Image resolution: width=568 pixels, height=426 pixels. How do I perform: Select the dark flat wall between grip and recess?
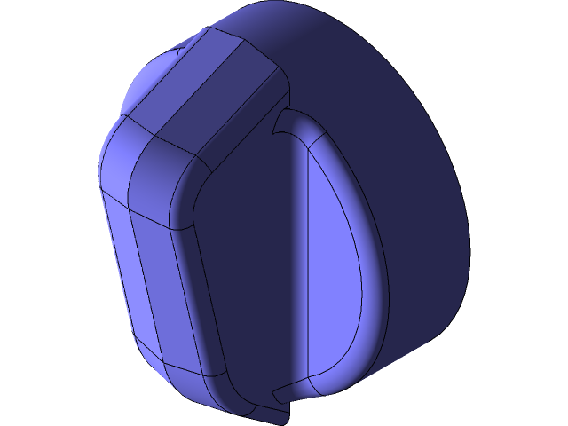point(240,266)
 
